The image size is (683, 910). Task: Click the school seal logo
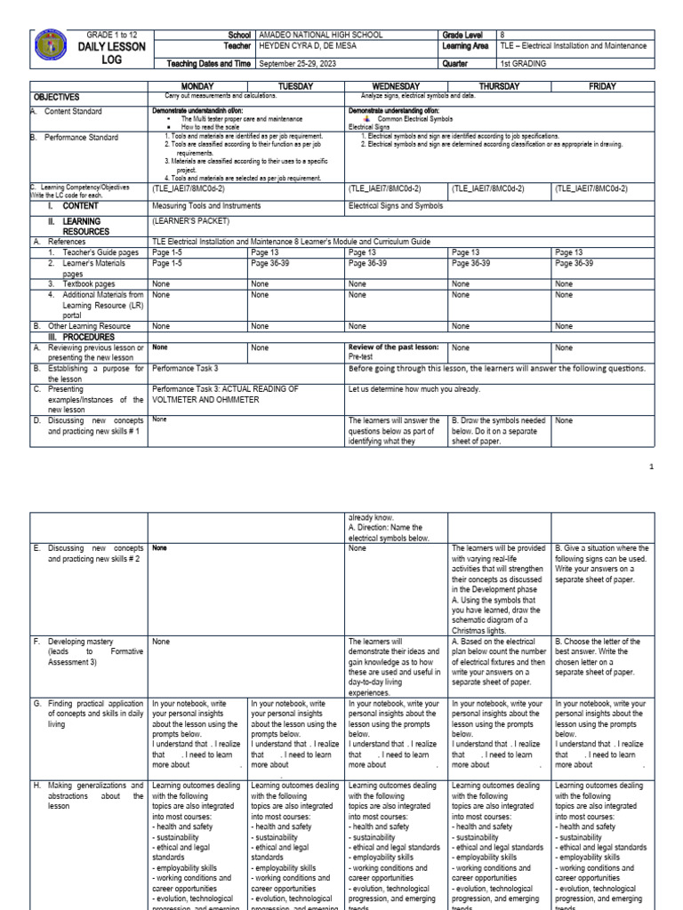51,49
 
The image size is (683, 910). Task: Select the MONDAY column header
197,86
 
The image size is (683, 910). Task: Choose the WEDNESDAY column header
396,86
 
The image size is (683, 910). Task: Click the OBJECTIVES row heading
57,97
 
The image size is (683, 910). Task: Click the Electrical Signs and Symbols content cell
396,204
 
